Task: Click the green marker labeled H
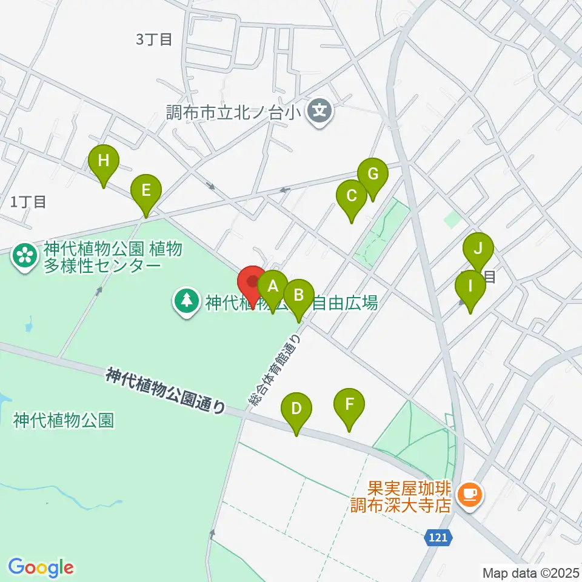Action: (104, 162)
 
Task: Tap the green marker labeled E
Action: (145, 191)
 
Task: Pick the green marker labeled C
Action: (351, 196)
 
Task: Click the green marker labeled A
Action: (273, 286)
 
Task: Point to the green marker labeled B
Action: (298, 296)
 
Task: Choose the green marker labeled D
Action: (296, 409)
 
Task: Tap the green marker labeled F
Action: (349, 404)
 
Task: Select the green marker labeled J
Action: (478, 249)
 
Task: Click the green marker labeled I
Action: (470, 286)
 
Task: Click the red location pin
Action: (252, 282)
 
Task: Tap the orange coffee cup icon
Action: (469, 494)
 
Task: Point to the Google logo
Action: (41, 567)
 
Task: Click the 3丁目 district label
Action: (154, 40)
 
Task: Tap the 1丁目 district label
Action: (28, 202)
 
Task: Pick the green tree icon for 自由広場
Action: (187, 301)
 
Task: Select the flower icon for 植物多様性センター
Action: (25, 256)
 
